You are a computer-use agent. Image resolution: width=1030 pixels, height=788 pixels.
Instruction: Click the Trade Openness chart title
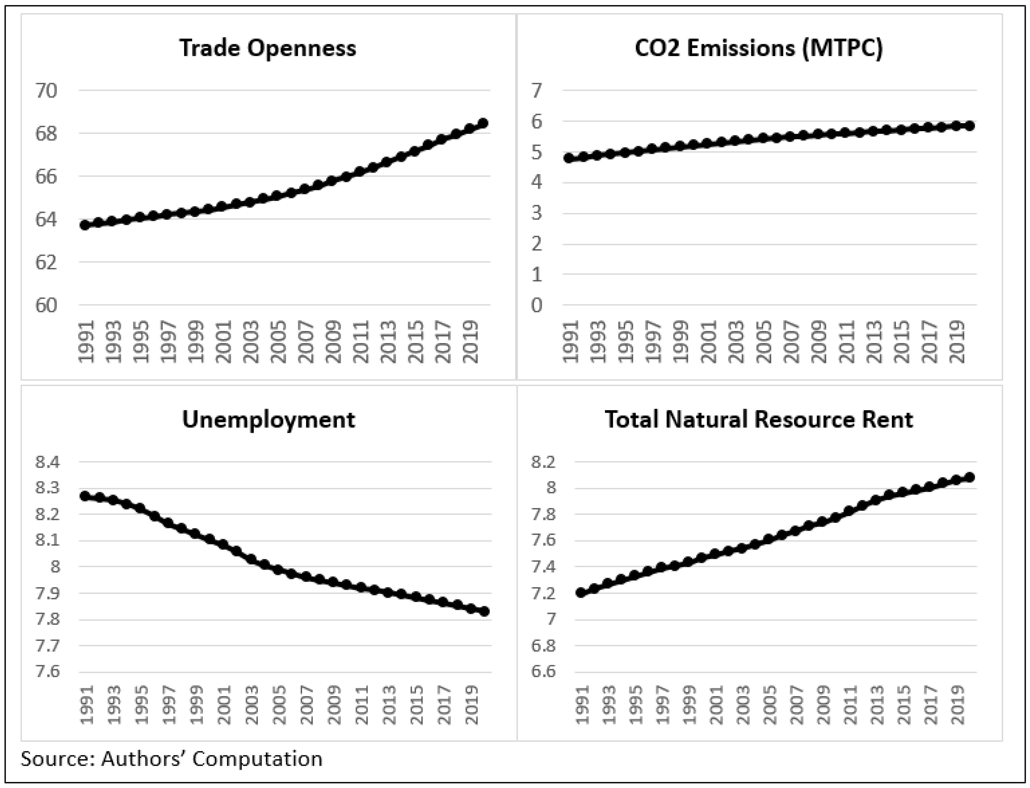point(268,48)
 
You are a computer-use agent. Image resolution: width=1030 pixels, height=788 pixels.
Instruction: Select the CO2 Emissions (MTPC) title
point(758,48)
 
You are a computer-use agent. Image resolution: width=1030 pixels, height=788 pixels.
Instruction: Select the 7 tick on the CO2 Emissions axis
point(536,90)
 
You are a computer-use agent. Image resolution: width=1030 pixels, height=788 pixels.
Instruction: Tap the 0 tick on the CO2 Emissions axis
point(536,305)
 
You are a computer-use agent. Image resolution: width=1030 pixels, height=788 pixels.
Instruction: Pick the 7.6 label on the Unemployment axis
point(48,672)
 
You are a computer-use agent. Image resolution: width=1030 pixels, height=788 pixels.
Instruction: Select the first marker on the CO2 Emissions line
point(569,158)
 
